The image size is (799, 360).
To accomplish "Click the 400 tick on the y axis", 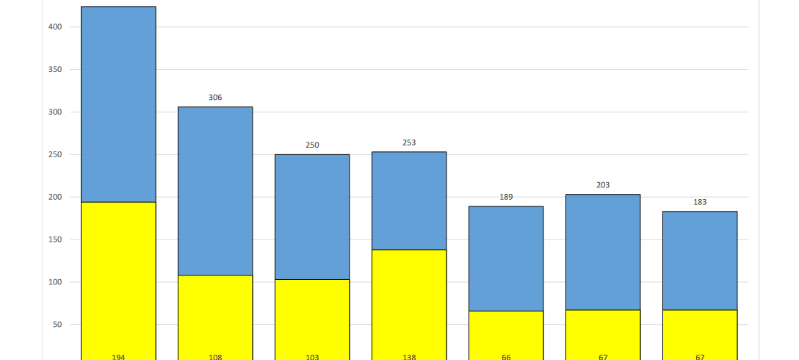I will (x=54, y=27).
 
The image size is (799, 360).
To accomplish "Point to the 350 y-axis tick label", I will (x=54, y=70).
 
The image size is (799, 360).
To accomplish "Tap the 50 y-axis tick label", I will (x=57, y=325).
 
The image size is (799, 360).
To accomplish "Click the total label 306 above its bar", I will (x=215, y=98).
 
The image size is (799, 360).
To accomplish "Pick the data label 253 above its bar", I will (x=409, y=143).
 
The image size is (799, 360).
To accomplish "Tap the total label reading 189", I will (x=506, y=197).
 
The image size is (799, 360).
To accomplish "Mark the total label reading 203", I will (x=603, y=185).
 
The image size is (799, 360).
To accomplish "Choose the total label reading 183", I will (x=700, y=202).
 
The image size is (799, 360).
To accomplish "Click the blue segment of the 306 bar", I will (x=215, y=191).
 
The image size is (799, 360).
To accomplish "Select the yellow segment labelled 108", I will (x=215, y=316).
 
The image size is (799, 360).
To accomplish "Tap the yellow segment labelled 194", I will (x=118, y=279).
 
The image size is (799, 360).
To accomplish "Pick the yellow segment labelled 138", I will (x=409, y=301).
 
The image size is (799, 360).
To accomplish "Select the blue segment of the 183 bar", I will (x=700, y=261).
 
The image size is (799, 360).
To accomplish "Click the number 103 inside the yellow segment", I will (x=312, y=357).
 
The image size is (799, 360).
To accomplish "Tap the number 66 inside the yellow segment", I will (x=506, y=357).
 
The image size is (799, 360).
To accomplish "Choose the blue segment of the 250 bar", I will (x=312, y=217).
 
